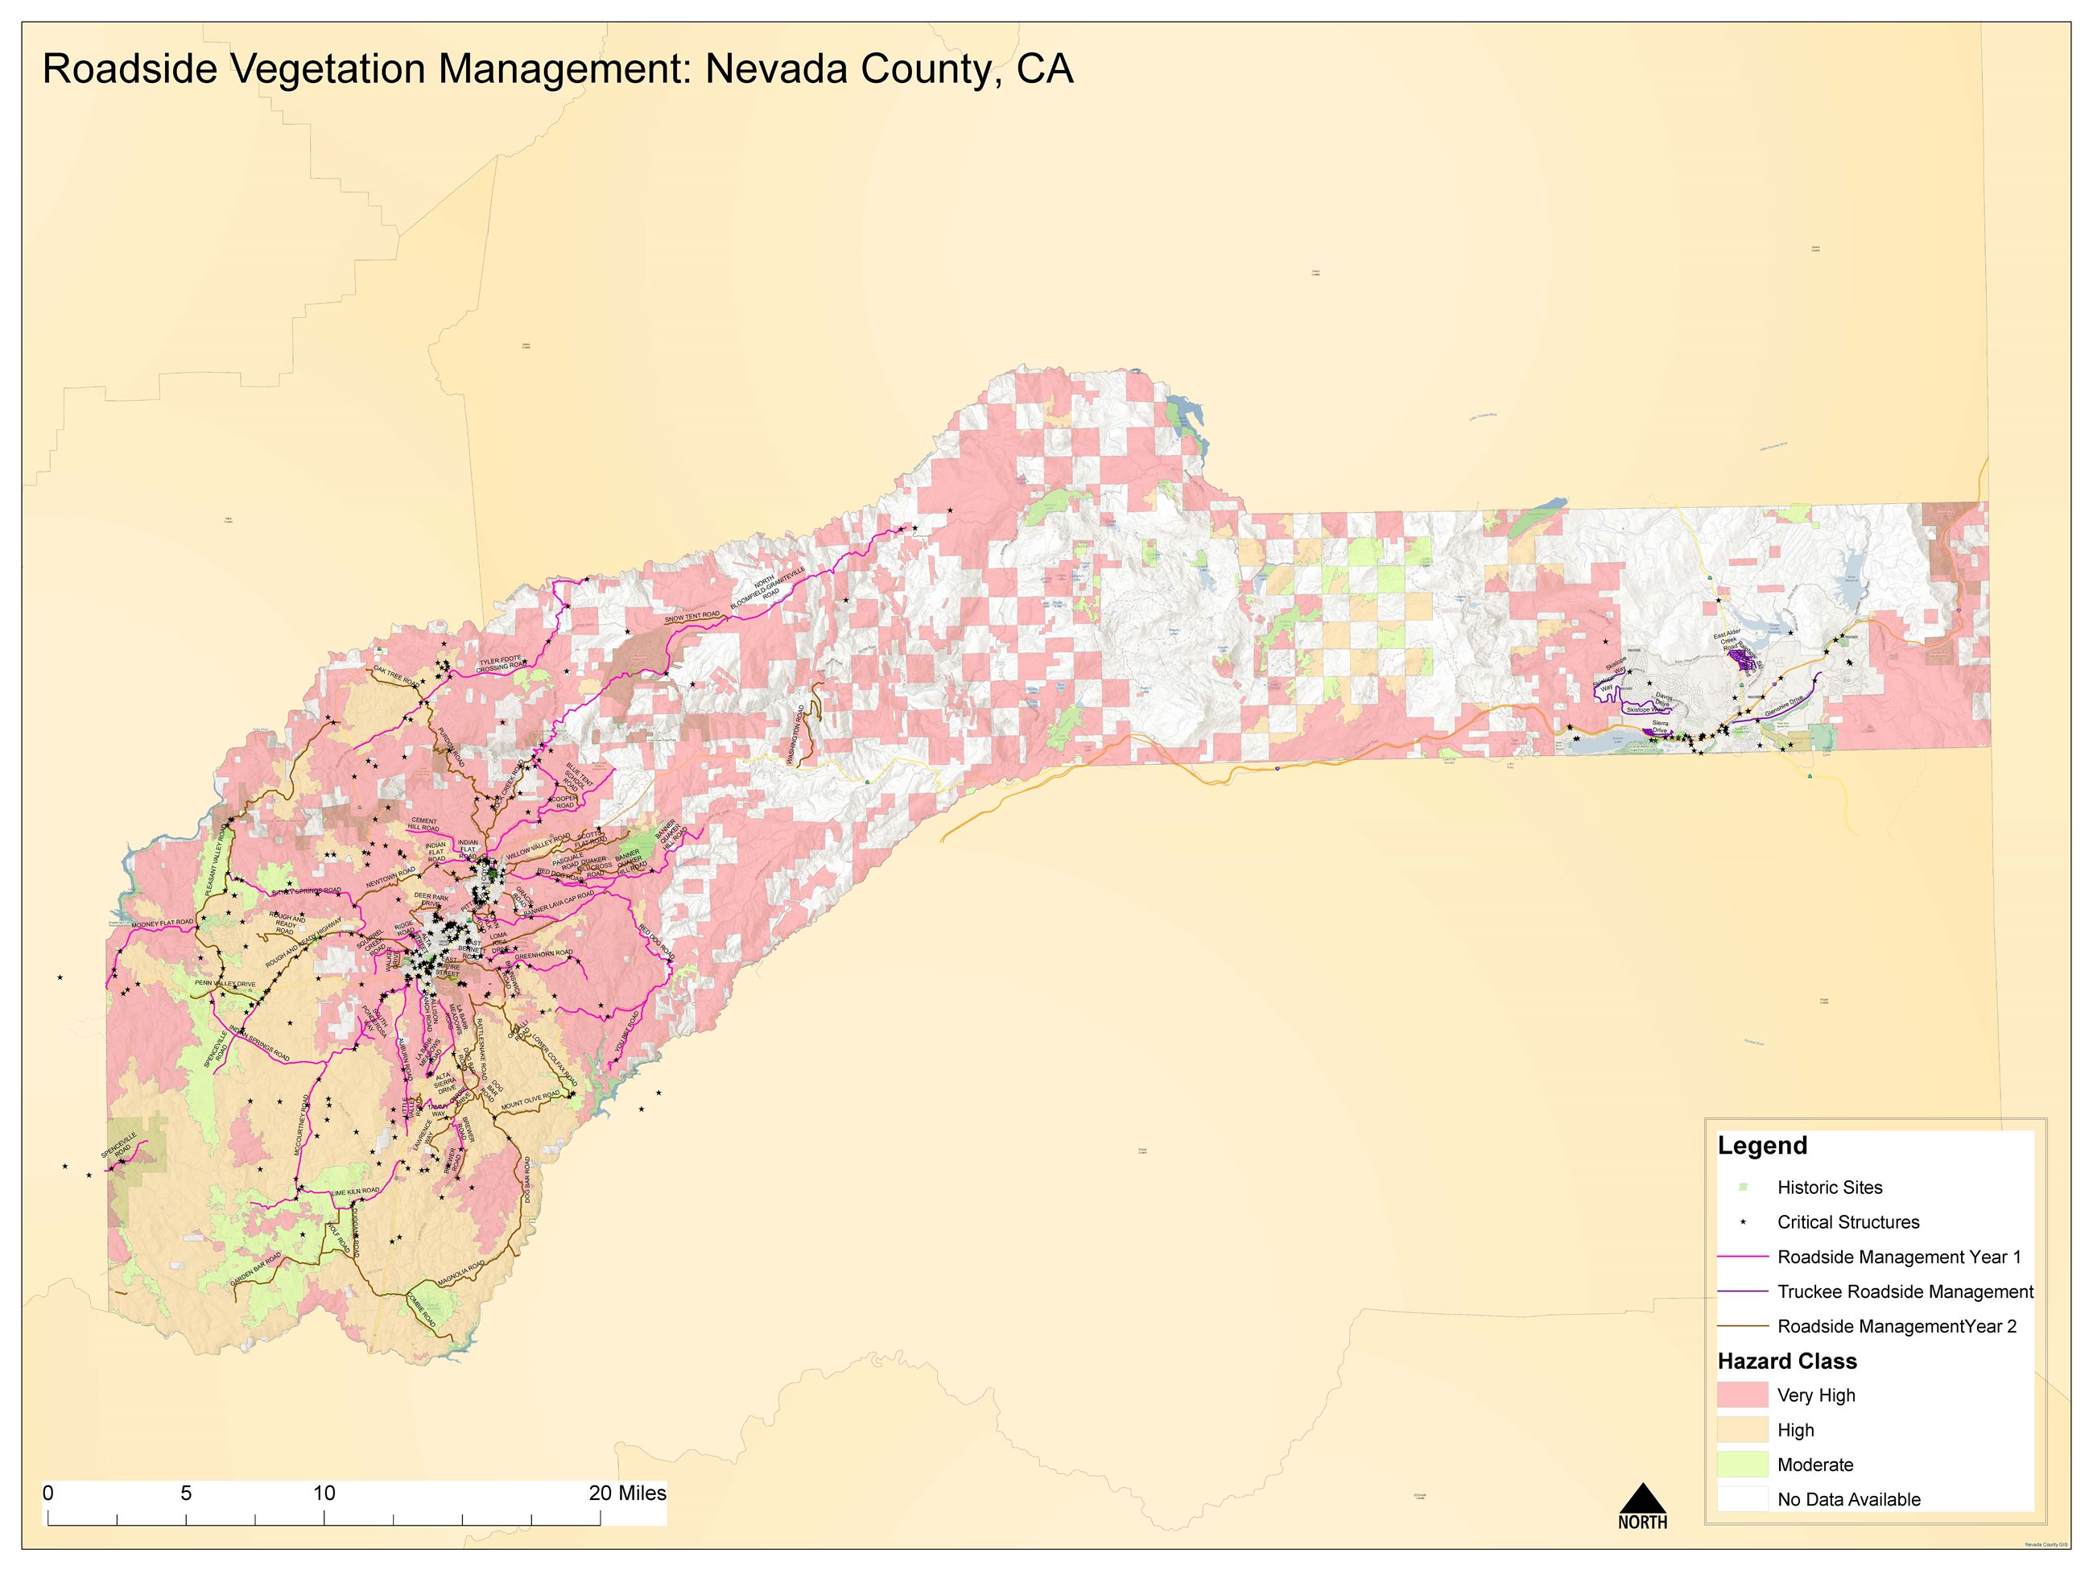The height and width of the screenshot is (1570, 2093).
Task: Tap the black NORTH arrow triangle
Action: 1643,1499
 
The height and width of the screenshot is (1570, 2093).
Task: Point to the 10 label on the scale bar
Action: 324,1494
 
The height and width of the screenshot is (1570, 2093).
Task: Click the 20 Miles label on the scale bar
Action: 627,1494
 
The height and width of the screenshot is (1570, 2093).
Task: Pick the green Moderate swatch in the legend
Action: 1742,1464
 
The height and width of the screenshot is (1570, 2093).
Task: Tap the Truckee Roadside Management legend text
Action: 1905,1291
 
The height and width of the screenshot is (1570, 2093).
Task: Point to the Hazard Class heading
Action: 1786,1361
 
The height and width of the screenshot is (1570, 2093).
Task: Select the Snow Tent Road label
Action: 691,616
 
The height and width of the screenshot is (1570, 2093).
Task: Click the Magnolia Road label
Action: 460,1274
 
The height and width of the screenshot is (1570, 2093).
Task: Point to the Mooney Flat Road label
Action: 162,923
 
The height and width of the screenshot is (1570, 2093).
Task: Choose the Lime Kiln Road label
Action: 355,1192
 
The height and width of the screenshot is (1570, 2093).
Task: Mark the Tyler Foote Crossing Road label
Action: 502,664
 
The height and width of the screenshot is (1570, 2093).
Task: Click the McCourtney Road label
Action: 302,1126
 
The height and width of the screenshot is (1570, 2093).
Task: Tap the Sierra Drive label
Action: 1660,726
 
